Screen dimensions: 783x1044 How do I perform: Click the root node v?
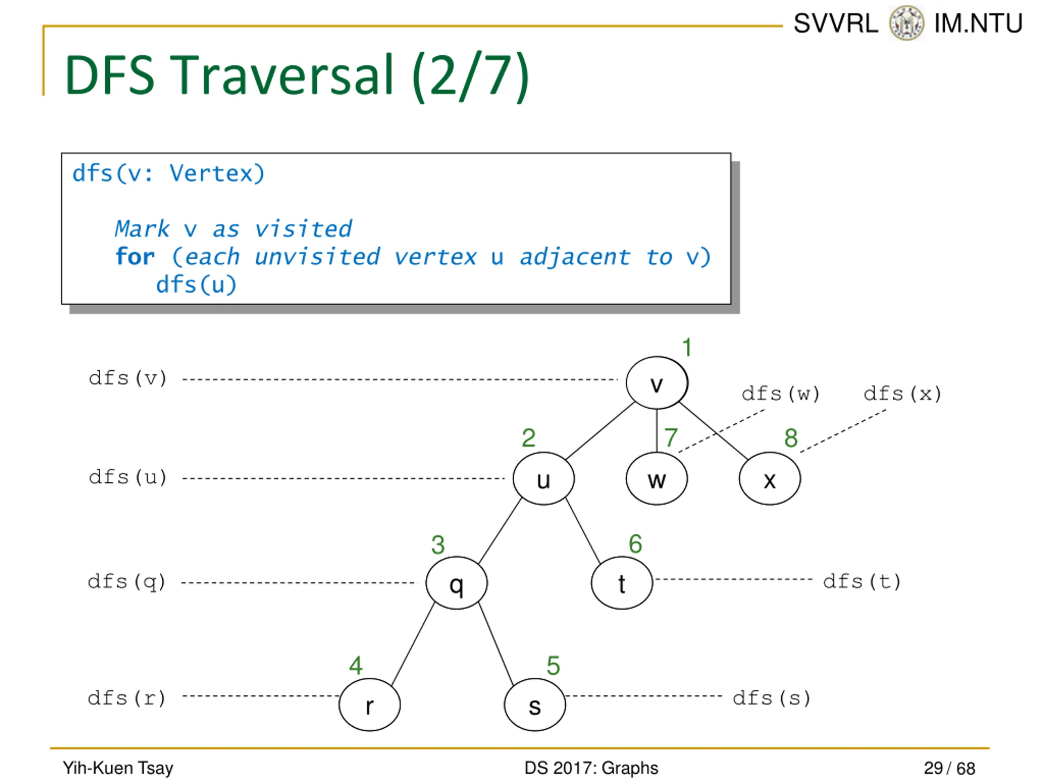pyautogui.click(x=657, y=383)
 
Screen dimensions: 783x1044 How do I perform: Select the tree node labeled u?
pyautogui.click(x=543, y=479)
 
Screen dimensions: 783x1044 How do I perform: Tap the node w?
pyautogui.click(x=657, y=479)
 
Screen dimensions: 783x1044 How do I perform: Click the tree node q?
pyautogui.click(x=456, y=583)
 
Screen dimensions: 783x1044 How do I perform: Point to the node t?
pyautogui.click(x=622, y=583)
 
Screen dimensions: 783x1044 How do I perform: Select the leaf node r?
pyautogui.click(x=369, y=705)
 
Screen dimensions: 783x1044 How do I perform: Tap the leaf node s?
pyautogui.click(x=535, y=705)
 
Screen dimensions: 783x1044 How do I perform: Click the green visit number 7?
pyautogui.click(x=671, y=438)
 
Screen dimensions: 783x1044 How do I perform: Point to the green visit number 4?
pyautogui.click(x=356, y=666)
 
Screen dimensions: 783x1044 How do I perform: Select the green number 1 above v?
pyautogui.click(x=687, y=347)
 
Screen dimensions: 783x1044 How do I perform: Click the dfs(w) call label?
pyautogui.click(x=780, y=394)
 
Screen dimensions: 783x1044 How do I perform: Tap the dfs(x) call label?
pyautogui.click(x=902, y=394)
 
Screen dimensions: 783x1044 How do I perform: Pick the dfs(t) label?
pyautogui.click(x=862, y=582)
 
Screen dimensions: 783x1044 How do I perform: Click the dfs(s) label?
pyautogui.click(x=772, y=698)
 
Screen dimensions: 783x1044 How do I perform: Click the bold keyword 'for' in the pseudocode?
pyautogui.click(x=135, y=257)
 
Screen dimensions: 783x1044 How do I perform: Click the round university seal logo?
pyautogui.click(x=906, y=23)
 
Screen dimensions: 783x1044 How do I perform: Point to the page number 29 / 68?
pyautogui.click(x=949, y=768)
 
